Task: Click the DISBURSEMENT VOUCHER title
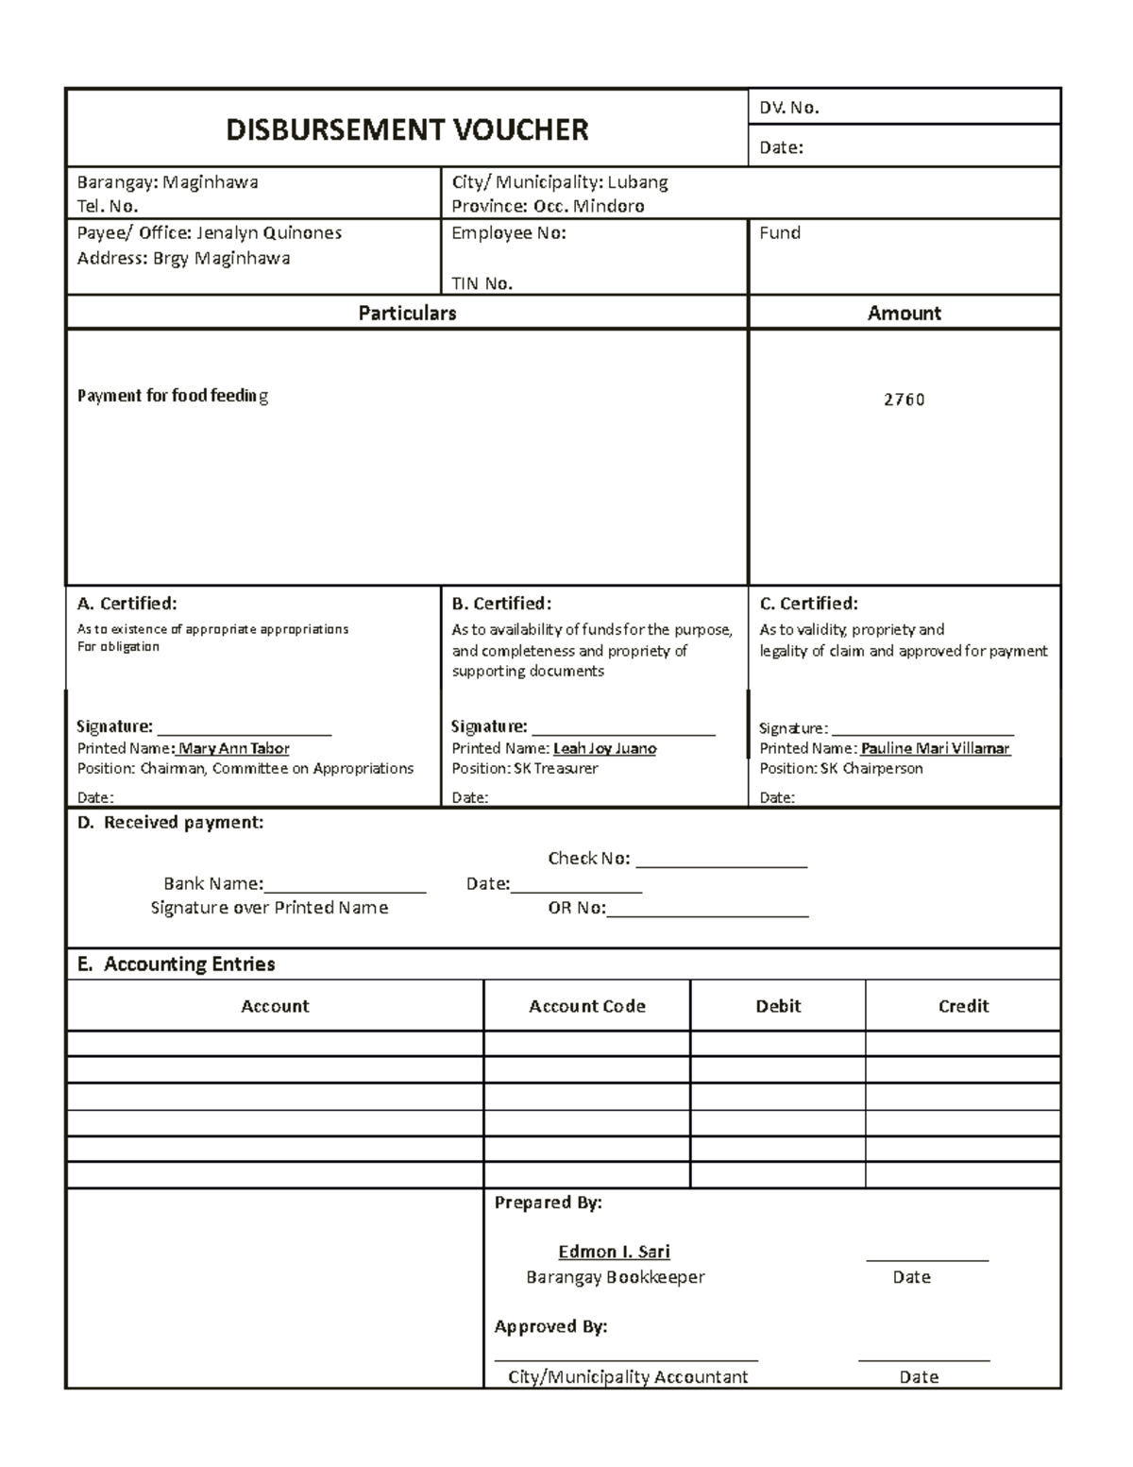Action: pos(407,129)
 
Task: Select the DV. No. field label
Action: pos(789,108)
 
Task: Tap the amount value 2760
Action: pos(904,400)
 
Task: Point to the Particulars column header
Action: pos(407,313)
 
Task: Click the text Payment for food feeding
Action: pos(173,396)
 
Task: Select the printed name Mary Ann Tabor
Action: pos(233,748)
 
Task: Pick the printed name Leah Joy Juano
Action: pos(604,748)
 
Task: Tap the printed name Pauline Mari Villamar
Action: pos(935,748)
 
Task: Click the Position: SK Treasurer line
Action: pos(524,769)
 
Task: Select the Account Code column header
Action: pos(586,1006)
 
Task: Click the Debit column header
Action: pos(778,1006)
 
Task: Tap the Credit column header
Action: pos(963,1006)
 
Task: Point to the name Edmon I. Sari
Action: pos(614,1252)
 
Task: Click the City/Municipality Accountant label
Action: pos(627,1376)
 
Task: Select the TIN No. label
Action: pos(482,283)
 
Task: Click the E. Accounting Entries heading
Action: pos(177,964)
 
